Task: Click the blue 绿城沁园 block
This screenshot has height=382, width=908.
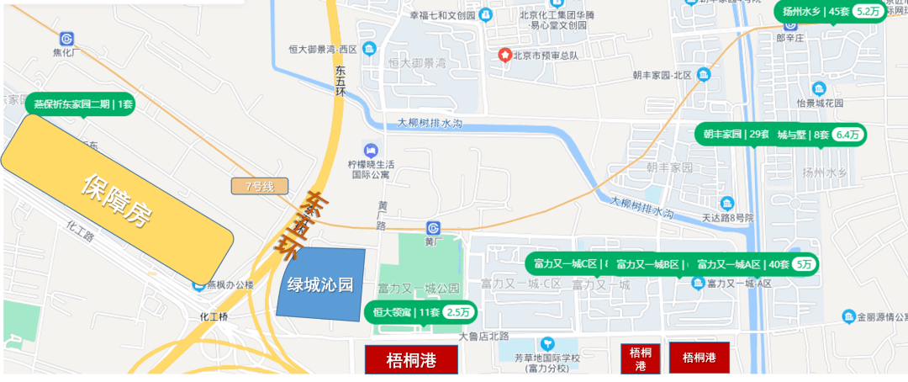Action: point(320,283)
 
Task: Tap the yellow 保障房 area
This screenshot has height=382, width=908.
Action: point(117,200)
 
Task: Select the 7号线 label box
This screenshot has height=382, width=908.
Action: point(260,186)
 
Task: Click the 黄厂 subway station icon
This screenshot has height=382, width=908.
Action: point(434,227)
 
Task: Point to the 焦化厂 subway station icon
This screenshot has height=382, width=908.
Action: point(66,39)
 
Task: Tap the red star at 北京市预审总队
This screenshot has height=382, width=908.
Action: point(504,56)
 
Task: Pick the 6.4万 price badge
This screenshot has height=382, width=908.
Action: point(849,135)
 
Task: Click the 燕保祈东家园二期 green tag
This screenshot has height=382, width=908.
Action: point(83,104)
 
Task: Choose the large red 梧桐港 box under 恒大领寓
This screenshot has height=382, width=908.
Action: point(411,360)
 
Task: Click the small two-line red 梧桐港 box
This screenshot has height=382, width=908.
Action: point(641,359)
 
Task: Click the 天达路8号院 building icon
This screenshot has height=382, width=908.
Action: point(727,204)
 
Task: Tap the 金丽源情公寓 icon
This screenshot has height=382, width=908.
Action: point(849,317)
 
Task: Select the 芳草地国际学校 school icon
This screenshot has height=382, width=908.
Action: point(548,343)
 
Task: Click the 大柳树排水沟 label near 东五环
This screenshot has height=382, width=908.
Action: point(430,124)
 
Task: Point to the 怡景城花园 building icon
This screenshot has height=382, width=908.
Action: point(819,88)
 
